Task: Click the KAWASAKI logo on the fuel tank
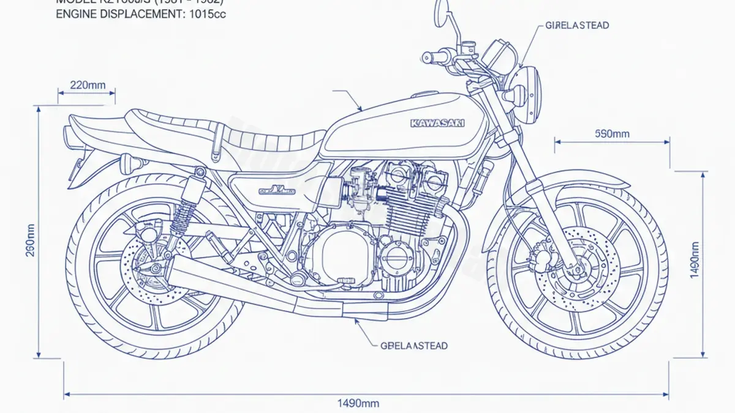[437, 123]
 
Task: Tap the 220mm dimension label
[88, 85]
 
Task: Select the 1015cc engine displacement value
[205, 13]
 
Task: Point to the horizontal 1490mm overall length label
[358, 403]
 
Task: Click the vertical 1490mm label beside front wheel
[694, 260]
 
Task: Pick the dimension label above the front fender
[612, 133]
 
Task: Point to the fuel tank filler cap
[423, 95]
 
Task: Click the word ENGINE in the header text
[73, 13]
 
